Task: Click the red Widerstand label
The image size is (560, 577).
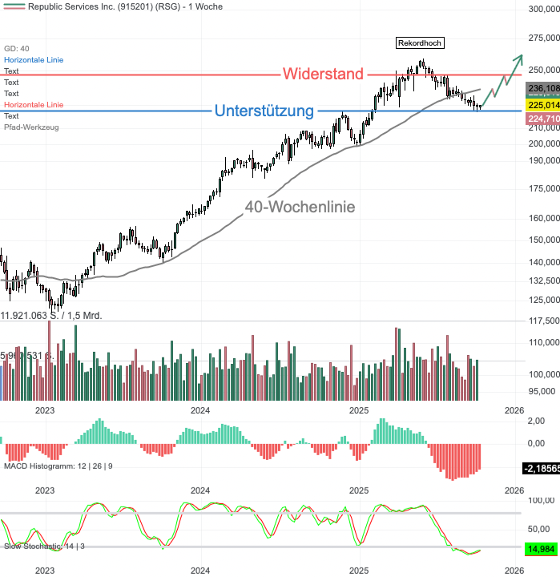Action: [x=324, y=75]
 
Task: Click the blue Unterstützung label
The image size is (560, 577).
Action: [x=264, y=111]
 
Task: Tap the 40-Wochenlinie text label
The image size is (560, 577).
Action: [x=300, y=207]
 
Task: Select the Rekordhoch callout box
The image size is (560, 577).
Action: [x=420, y=42]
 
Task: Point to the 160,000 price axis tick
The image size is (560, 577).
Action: [x=542, y=218]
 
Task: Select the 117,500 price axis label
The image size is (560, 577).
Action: [x=542, y=321]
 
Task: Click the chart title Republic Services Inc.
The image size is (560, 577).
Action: [x=116, y=6]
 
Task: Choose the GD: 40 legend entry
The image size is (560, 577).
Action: [x=17, y=49]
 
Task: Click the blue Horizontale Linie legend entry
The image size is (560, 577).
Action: [x=34, y=60]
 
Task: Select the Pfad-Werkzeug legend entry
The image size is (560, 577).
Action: [x=30, y=127]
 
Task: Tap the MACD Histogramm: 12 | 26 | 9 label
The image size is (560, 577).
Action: [x=58, y=466]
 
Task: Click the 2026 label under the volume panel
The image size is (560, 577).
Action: [x=514, y=410]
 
